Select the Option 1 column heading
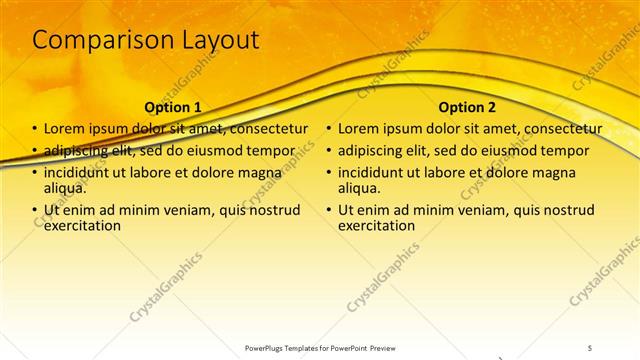[x=173, y=107]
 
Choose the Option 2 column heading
[x=467, y=107]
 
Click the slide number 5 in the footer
[x=590, y=347]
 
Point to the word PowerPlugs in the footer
[x=268, y=347]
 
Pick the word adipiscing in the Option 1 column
[x=79, y=151]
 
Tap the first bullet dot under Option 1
[x=35, y=130]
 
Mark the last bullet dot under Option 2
[x=329, y=211]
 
